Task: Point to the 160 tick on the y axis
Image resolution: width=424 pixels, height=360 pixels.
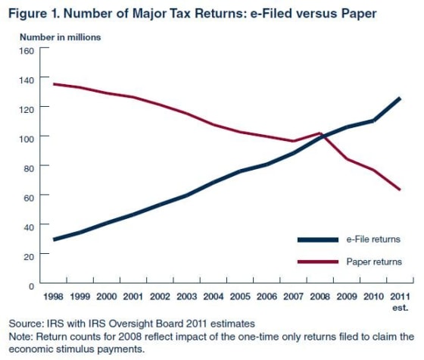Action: [x=26, y=51]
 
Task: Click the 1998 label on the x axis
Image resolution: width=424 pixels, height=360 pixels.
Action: [x=52, y=298]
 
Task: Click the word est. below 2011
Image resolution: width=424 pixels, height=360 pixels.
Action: [x=401, y=308]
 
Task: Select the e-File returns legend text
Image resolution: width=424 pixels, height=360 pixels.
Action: [x=373, y=239]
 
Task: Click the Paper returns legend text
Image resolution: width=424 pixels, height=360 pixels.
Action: [x=374, y=262]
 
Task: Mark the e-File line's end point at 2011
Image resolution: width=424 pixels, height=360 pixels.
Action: [x=399, y=99]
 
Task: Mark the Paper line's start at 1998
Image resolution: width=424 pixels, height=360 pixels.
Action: [x=54, y=84]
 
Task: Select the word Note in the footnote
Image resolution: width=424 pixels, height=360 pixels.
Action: [x=19, y=337]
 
